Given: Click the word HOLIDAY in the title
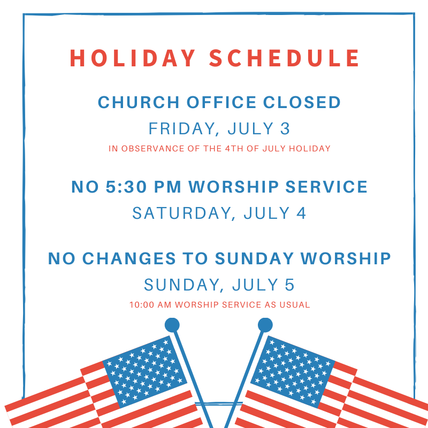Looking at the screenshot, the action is pos(133,58).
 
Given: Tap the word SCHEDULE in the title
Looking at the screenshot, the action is pos(285,58).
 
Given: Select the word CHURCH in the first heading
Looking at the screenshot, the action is pos(139,102).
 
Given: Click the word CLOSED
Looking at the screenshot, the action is pos(302,102).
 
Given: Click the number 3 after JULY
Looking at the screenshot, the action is pos(285,128).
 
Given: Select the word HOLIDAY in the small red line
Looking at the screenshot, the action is pos(310,149).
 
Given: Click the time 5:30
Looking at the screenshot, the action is pos(126,187).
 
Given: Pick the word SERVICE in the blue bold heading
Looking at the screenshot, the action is pos(326,187).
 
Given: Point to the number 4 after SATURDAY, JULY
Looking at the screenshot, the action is pos(301,213).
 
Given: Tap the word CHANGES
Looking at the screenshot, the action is pos(129,258).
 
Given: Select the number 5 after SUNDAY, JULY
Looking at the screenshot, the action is pos(289,285).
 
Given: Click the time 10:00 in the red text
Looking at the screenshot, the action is pos(142,304).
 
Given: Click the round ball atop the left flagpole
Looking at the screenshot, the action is pos(172,325).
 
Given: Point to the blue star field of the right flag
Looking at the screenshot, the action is pos(293,371).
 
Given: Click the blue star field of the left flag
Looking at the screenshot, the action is pos(145,372).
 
